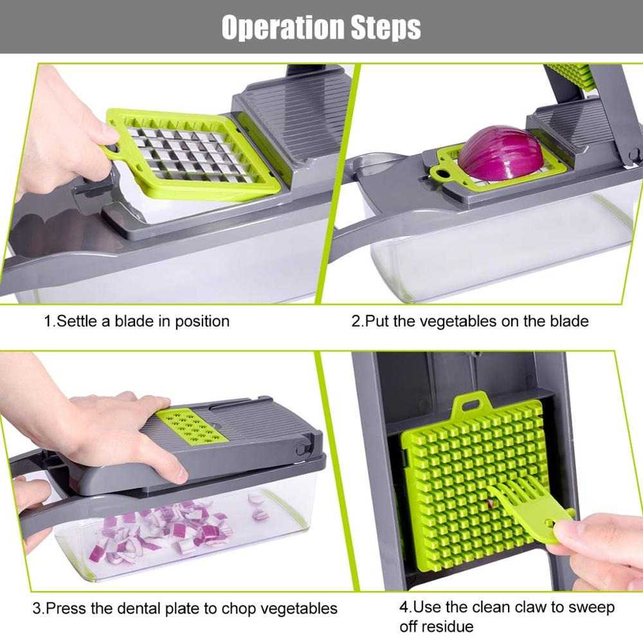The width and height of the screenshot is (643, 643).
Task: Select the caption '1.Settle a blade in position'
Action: (136, 321)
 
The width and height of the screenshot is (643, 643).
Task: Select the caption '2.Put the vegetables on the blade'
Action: (469, 321)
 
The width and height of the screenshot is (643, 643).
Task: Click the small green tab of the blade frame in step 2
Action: (443, 172)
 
